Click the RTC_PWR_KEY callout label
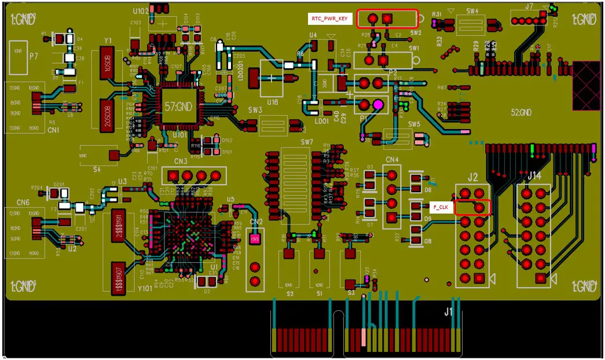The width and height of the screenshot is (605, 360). point(330,19)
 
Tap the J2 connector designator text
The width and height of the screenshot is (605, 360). point(473,177)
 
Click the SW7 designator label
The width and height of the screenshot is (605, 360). point(306,142)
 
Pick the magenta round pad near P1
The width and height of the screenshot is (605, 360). point(377,105)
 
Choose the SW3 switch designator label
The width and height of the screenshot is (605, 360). point(255,110)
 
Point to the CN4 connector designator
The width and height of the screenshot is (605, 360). point(391,159)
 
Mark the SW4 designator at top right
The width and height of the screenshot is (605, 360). point(472,11)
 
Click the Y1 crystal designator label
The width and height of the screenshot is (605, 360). point(108,41)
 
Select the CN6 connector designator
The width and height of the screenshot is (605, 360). point(23,202)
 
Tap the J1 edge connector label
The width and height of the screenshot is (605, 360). point(449,311)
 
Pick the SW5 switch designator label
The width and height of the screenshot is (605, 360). point(413,124)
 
